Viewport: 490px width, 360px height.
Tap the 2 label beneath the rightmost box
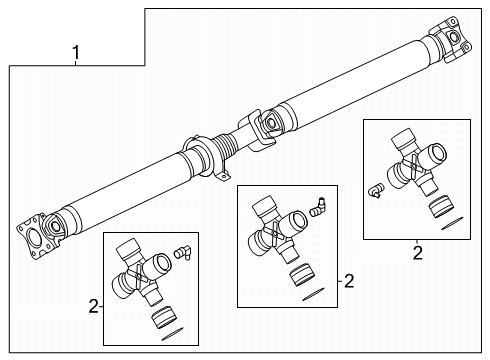(417, 254)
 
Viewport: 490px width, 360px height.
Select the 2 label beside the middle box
(348, 282)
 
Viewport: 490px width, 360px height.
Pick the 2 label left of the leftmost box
(92, 306)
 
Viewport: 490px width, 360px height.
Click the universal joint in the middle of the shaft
(263, 124)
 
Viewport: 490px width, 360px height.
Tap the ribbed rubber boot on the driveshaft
(225, 151)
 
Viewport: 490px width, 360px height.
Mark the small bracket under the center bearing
(219, 180)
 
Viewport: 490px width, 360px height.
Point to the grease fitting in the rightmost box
(377, 190)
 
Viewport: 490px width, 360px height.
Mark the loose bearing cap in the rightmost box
(437, 208)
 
